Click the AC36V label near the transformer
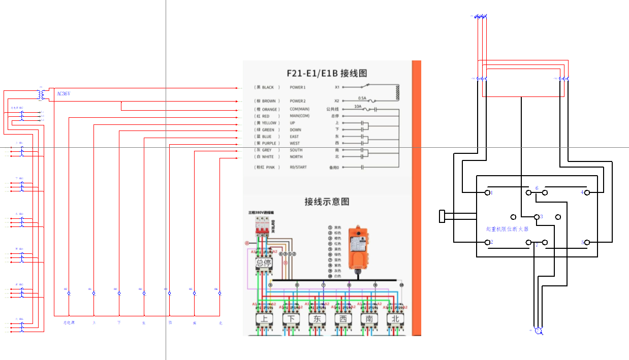[x=63, y=94]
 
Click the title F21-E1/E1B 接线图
[x=327, y=73]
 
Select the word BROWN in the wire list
[x=269, y=101]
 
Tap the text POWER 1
[x=298, y=87]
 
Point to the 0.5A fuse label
[x=362, y=98]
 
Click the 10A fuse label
[x=358, y=106]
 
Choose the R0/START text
[x=298, y=167]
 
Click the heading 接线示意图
[x=327, y=202]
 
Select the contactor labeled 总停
[x=264, y=263]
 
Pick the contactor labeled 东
[x=317, y=319]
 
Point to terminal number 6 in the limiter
[x=537, y=188]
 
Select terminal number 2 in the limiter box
[x=491, y=242]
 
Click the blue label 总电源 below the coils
[x=69, y=322]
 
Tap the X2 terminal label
[x=336, y=101]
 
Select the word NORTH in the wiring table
[x=296, y=157]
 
